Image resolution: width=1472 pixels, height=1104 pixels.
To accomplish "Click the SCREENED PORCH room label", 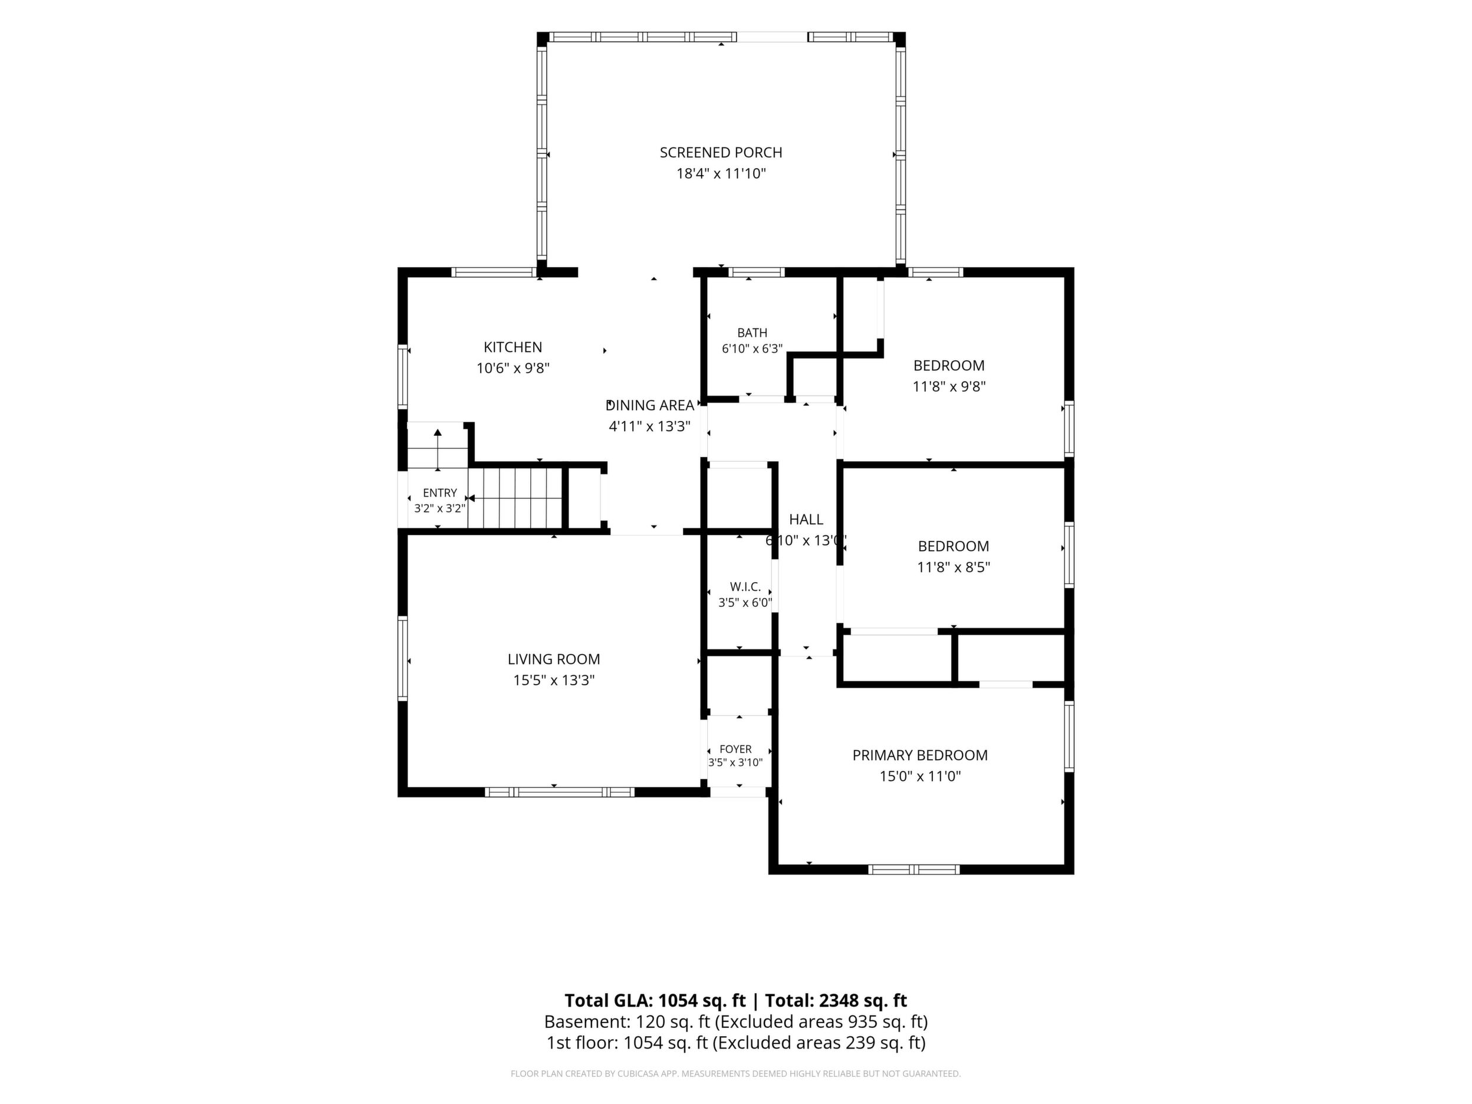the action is pos(721,152).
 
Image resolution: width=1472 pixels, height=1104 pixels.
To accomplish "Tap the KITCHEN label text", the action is pos(512,347).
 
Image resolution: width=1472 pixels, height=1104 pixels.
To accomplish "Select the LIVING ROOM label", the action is pos(554,659).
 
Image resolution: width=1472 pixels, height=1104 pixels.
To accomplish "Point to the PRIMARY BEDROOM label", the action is pos(919,755).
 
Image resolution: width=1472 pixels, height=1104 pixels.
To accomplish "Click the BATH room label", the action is pos(752,333).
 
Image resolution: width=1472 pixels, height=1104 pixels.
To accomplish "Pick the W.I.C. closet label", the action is pos(745,587).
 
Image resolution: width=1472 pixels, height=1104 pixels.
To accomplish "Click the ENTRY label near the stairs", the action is pos(440,492).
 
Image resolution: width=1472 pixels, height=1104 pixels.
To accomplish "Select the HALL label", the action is pos(806,519).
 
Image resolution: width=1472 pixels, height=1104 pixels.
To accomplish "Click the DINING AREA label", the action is pos(649,405).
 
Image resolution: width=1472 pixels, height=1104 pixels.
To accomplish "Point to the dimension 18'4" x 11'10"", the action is pos(721,174).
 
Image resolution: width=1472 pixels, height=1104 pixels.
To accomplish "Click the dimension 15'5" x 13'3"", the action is pos(554,680).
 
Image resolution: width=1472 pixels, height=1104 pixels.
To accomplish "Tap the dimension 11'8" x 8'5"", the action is pos(953,567).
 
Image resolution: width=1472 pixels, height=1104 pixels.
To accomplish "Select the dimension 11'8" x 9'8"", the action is pos(948,386).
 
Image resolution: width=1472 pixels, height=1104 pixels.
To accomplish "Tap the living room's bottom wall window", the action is pos(559,792).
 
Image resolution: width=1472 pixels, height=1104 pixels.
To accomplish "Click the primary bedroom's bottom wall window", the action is pos(914,869).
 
